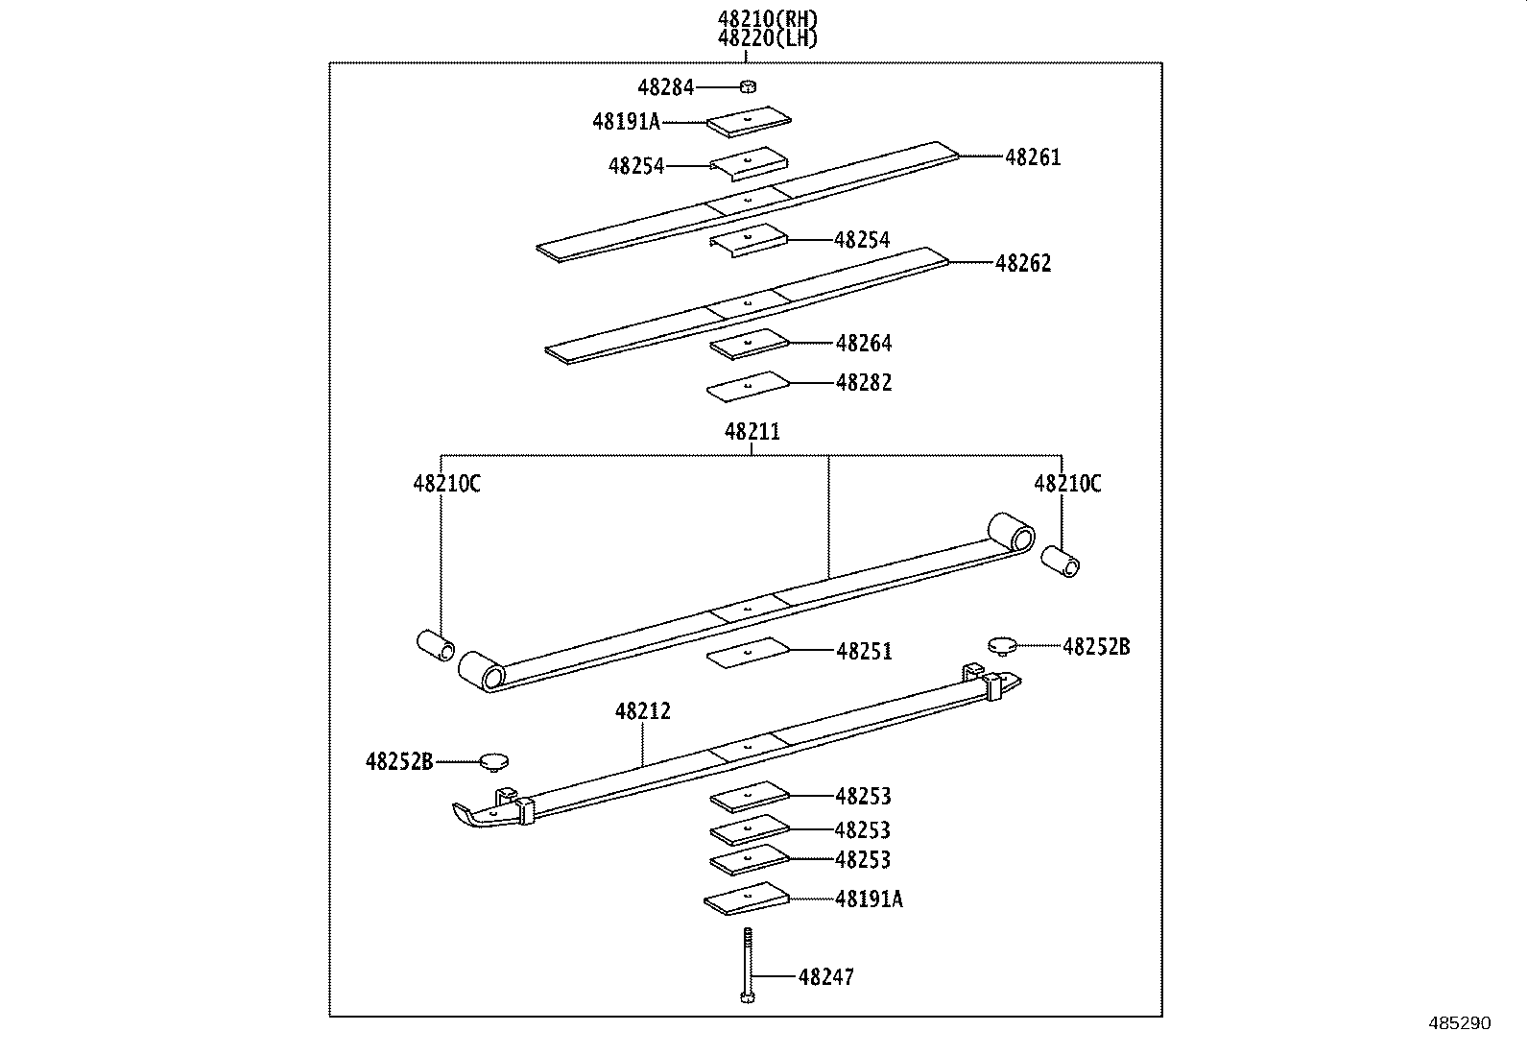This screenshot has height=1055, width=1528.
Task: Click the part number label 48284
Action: point(665,87)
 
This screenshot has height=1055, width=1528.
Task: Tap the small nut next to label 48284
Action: point(748,87)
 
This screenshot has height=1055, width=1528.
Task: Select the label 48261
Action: point(1033,157)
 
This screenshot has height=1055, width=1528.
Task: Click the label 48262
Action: point(1023,263)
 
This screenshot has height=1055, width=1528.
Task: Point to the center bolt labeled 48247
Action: point(747,965)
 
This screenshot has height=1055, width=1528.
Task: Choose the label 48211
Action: point(752,432)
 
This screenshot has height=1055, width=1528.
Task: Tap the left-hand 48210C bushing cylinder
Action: point(436,645)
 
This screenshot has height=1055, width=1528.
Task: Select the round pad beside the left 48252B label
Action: point(493,761)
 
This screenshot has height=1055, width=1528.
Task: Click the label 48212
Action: point(642,711)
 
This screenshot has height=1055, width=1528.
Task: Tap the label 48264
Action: point(863,343)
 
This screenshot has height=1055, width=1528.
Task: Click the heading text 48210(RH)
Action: point(768,18)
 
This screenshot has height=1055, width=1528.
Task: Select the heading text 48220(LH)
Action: point(768,38)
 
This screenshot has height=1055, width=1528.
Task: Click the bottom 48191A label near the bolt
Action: point(868,899)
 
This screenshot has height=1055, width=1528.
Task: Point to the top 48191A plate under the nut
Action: point(749,121)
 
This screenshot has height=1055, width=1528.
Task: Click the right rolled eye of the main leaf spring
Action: point(1010,532)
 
